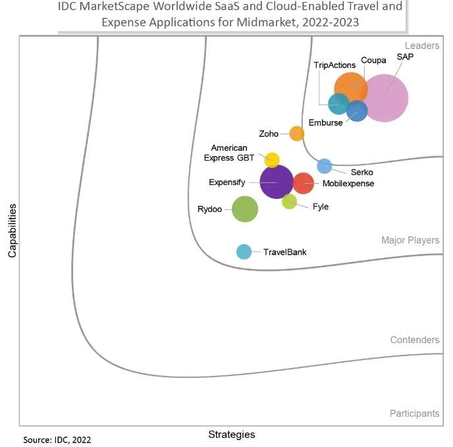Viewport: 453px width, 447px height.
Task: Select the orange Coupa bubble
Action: click(350, 88)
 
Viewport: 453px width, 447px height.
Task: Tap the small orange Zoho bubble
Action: click(297, 134)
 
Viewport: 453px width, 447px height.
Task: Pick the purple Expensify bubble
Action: click(277, 182)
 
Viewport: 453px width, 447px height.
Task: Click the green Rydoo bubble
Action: click(245, 209)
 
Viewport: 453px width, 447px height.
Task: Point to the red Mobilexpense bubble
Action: click(303, 183)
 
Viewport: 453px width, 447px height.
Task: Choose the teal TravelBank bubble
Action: click(244, 251)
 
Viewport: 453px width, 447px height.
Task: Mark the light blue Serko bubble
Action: click(325, 166)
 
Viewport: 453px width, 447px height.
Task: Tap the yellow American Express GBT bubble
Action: click(272, 159)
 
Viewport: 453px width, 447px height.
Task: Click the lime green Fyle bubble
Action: click(289, 201)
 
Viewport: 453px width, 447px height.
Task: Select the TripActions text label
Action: click(334, 65)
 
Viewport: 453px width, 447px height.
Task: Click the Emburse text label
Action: click(326, 122)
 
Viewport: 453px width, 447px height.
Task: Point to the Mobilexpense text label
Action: click(348, 184)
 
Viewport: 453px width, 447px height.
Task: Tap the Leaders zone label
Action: click(421, 45)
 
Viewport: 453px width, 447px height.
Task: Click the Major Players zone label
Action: click(410, 240)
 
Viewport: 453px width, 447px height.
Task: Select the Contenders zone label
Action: click(414, 340)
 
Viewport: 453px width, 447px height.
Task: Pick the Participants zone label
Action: click(414, 413)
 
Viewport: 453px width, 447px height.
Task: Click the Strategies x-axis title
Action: click(231, 434)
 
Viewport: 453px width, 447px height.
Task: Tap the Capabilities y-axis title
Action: click(12, 230)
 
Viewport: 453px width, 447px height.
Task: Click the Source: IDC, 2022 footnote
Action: click(57, 440)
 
